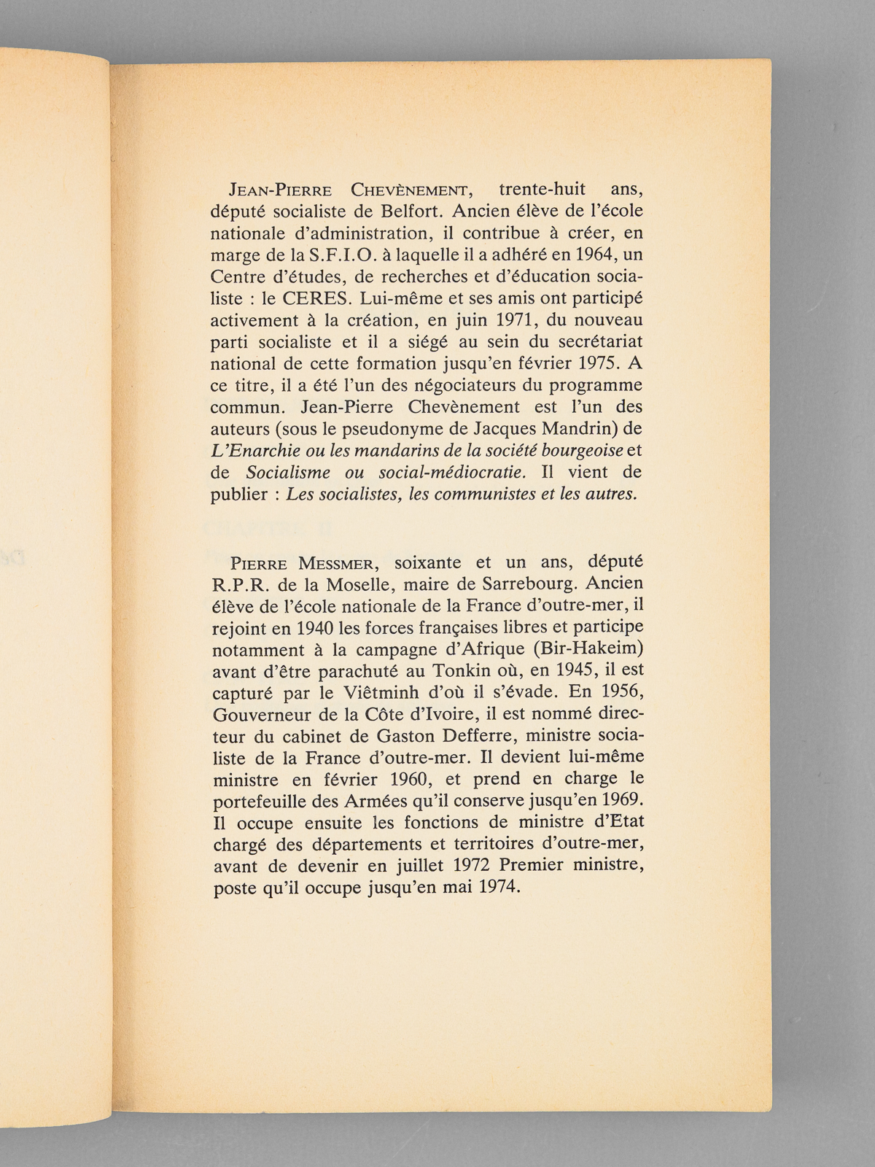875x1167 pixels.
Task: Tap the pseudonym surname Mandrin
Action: click(x=574, y=428)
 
